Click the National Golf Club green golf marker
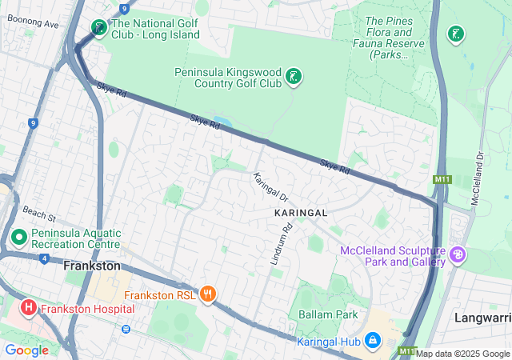98,29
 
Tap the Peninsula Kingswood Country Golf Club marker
294,77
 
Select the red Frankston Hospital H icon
28,307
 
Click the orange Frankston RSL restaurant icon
209,294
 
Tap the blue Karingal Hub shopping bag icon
372,341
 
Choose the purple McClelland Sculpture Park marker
458,255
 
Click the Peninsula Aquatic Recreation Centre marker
19,237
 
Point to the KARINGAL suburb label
301,214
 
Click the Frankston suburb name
91,266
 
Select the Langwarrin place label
482,318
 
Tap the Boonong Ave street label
30,24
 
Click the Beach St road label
38,216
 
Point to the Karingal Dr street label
270,186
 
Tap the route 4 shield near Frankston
42,258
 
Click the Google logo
26,350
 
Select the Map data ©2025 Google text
462,354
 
